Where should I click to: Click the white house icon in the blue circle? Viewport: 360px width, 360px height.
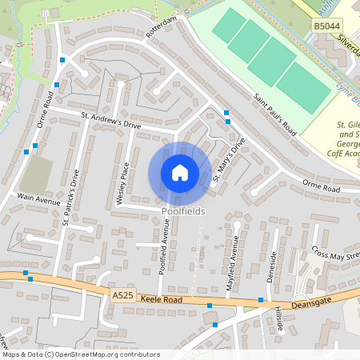click(180, 173)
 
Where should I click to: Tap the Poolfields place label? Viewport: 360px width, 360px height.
click(183, 211)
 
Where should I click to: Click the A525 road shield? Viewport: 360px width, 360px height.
click(123, 295)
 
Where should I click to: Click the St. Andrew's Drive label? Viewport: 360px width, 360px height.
click(110, 120)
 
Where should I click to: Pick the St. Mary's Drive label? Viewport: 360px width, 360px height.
click(226, 161)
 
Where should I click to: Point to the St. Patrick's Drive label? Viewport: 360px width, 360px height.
click(71, 196)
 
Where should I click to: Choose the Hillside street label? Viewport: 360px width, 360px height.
click(278, 320)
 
